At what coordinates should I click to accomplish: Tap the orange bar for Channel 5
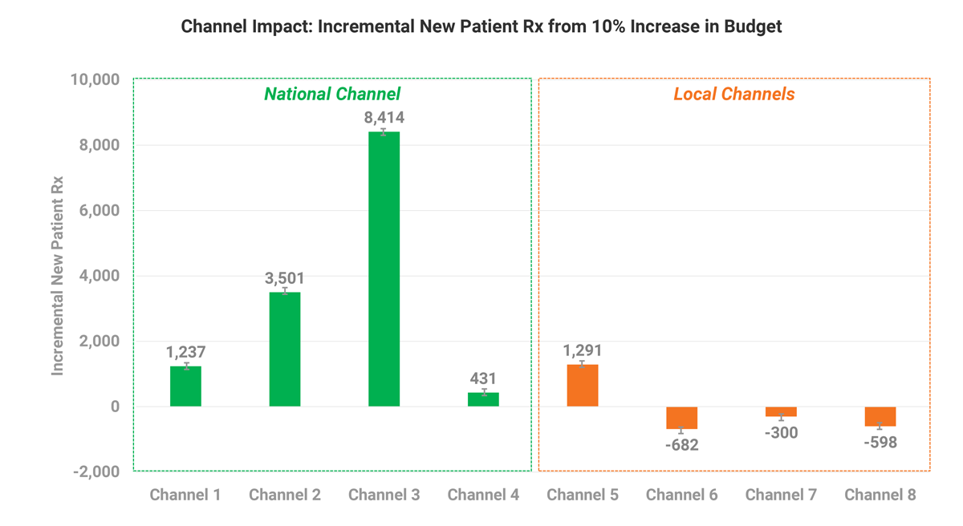click(x=583, y=386)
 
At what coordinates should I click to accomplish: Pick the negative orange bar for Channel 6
click(x=681, y=418)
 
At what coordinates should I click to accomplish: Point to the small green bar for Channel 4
click(x=483, y=399)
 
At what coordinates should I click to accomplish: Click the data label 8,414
click(x=384, y=118)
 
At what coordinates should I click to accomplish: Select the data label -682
click(x=681, y=445)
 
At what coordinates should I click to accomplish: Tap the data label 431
click(x=483, y=378)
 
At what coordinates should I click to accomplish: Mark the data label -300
click(x=781, y=433)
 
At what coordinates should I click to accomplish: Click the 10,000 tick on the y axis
click(x=95, y=80)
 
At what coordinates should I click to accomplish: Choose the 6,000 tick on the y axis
click(x=100, y=211)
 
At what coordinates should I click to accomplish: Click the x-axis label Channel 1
click(x=185, y=495)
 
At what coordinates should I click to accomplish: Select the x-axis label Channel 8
click(x=880, y=495)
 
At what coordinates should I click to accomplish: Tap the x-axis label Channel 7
click(x=781, y=495)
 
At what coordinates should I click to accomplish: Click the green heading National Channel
click(x=332, y=94)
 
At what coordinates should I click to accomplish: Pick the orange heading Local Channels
click(x=734, y=94)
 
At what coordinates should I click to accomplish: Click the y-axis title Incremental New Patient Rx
click(x=58, y=275)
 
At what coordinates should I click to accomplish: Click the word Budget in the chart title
click(x=754, y=26)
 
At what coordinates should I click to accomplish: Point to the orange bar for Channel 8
click(x=880, y=416)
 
